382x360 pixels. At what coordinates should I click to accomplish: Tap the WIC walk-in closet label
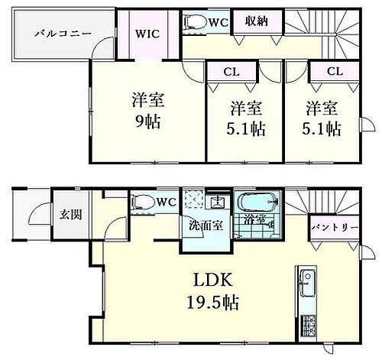coord(148,34)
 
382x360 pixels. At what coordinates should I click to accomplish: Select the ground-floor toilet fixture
coord(144,203)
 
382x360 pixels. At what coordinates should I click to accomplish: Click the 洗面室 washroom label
coord(203,227)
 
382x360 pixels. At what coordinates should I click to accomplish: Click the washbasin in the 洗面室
coord(219,202)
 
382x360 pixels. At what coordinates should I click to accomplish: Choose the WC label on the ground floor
coord(170,202)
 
